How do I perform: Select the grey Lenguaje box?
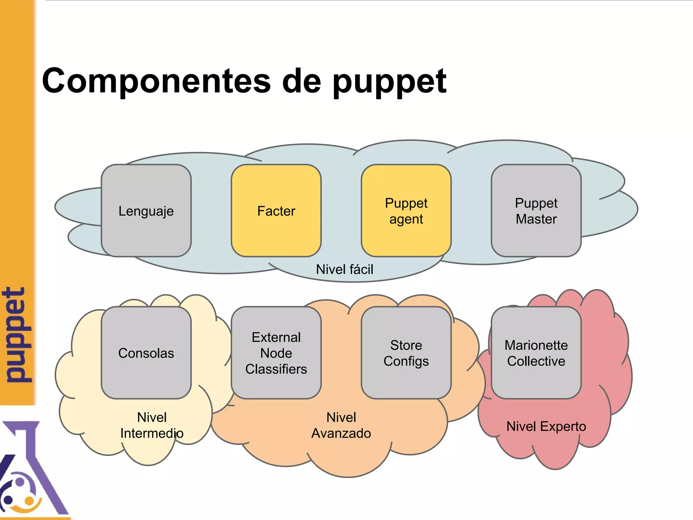click(x=146, y=211)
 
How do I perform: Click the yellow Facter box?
click(x=276, y=211)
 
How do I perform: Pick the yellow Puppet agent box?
click(x=406, y=211)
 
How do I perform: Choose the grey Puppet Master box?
click(x=536, y=211)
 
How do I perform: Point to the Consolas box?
click(x=146, y=353)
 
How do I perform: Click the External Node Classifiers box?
click(x=276, y=353)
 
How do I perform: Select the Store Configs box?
click(x=406, y=353)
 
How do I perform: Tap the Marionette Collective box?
click(x=536, y=353)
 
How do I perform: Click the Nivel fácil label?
click(x=344, y=269)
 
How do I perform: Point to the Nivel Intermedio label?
click(x=152, y=425)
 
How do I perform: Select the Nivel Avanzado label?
click(x=341, y=425)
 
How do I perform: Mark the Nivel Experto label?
click(x=546, y=427)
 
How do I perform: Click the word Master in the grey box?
click(x=536, y=219)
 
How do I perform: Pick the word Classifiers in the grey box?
click(x=276, y=369)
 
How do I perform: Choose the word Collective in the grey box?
click(x=536, y=361)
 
